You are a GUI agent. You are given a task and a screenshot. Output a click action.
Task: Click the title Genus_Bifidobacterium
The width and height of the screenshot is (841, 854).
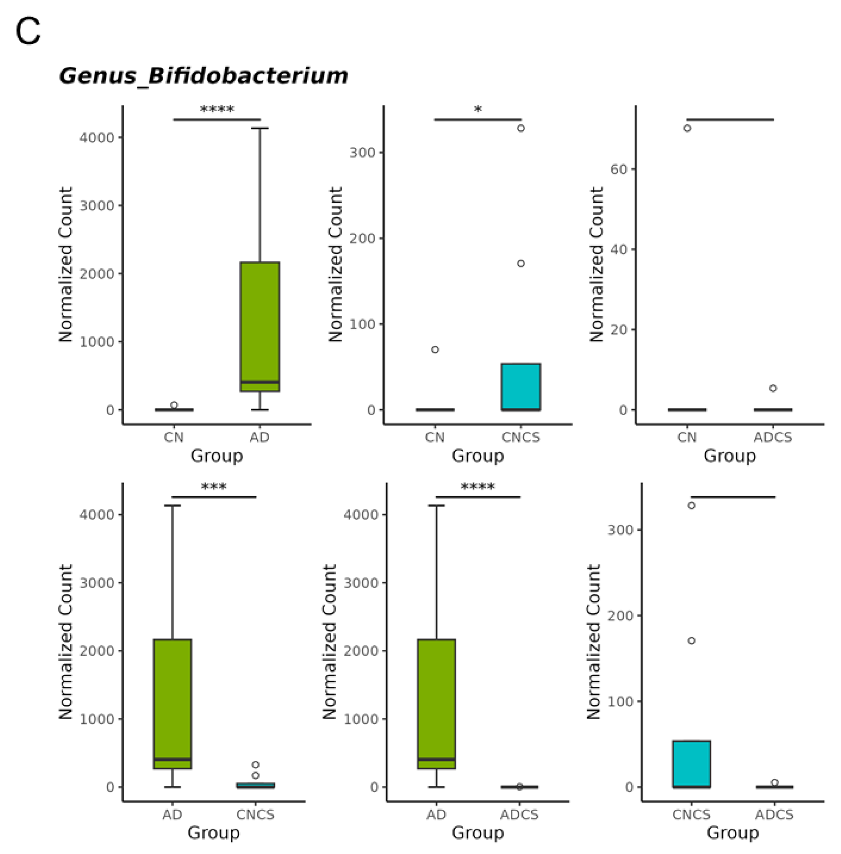click(x=203, y=76)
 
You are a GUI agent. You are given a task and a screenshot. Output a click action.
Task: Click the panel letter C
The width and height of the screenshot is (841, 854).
click(x=28, y=32)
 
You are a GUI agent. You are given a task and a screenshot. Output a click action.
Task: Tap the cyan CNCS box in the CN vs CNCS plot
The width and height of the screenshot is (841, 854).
click(x=521, y=387)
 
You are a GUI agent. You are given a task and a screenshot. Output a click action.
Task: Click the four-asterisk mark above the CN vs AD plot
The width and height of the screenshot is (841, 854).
click(x=217, y=109)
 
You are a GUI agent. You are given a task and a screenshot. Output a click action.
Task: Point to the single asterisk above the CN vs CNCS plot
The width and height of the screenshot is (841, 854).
click(x=478, y=110)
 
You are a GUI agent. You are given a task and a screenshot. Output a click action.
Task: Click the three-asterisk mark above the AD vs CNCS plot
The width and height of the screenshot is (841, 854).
click(x=214, y=487)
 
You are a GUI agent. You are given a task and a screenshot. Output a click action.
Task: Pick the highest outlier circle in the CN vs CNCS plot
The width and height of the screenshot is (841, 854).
click(x=521, y=128)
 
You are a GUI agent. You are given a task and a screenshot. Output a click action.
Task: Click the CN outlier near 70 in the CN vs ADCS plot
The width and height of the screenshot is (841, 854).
click(x=687, y=128)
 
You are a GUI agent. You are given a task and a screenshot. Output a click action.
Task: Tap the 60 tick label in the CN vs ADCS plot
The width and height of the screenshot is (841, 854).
click(x=618, y=169)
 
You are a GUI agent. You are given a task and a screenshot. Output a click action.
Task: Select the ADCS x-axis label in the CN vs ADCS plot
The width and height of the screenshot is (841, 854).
click(x=773, y=437)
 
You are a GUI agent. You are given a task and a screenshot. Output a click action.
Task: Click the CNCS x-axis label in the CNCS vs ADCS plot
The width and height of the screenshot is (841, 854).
click(x=691, y=814)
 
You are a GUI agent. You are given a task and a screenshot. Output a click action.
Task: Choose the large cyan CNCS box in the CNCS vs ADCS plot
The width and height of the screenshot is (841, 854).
click(x=691, y=764)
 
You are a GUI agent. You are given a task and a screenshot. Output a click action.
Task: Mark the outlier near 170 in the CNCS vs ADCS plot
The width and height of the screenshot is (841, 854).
click(x=692, y=640)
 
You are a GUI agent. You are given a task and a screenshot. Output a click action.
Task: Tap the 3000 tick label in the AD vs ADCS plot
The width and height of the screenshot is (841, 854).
click(x=361, y=583)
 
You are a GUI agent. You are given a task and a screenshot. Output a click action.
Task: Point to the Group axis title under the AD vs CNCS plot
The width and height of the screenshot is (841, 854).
click(x=213, y=833)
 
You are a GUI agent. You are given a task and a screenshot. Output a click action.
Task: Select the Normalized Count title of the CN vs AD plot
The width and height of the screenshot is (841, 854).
click(x=65, y=265)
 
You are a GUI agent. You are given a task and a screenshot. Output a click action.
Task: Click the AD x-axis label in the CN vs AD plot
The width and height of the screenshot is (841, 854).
click(x=259, y=437)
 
